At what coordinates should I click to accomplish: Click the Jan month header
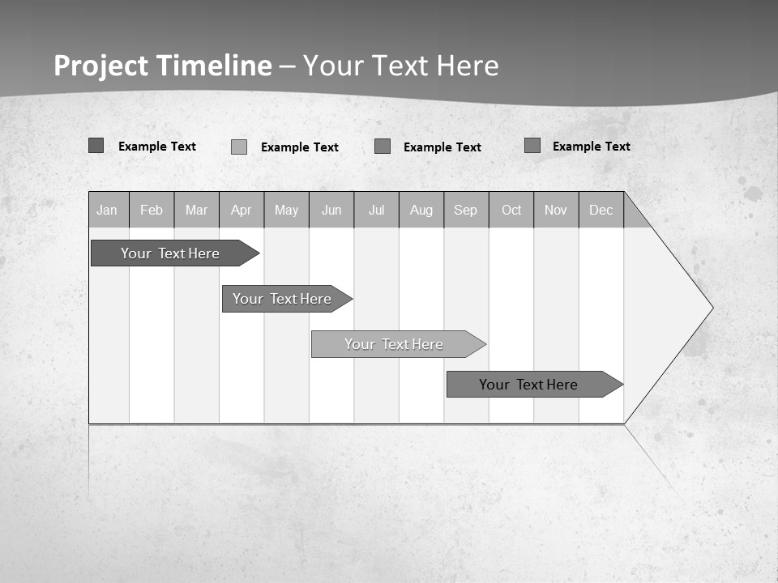click(x=107, y=211)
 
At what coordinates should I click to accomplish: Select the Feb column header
click(x=152, y=211)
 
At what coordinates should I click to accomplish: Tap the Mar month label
click(x=196, y=211)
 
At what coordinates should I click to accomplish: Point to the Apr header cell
click(x=241, y=211)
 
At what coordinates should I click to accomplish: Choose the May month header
click(x=286, y=211)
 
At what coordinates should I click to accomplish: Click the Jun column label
click(x=331, y=211)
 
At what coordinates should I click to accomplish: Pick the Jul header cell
click(x=376, y=211)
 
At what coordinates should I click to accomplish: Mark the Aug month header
click(x=421, y=211)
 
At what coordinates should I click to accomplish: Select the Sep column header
click(x=466, y=211)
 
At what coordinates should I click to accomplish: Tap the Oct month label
click(x=511, y=211)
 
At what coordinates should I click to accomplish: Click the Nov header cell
click(x=556, y=211)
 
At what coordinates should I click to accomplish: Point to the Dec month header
click(x=601, y=211)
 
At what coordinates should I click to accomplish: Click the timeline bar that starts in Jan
click(x=170, y=253)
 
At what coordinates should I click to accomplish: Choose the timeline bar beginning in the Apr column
click(x=282, y=299)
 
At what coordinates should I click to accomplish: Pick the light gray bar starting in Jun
click(x=394, y=344)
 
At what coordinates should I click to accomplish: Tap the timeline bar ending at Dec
click(x=528, y=385)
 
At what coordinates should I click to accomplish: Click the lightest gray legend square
click(x=239, y=147)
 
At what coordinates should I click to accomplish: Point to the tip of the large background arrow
click(x=711, y=308)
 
